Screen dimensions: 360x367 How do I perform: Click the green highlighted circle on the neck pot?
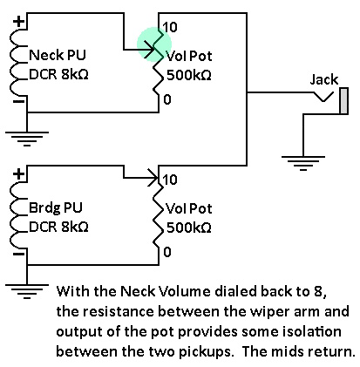click(154, 44)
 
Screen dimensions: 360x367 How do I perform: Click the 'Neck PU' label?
click(58, 55)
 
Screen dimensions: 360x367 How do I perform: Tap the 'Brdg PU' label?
click(56, 207)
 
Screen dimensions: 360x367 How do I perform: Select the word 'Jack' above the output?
click(324, 79)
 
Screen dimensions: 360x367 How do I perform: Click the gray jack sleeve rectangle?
click(344, 100)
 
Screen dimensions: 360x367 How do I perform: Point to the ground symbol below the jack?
click(303, 163)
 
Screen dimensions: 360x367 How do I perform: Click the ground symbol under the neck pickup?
click(27, 139)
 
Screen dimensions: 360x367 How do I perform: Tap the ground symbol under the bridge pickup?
click(27, 291)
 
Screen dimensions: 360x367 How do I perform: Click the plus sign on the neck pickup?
click(19, 22)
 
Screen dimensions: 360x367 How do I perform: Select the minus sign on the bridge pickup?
click(19, 255)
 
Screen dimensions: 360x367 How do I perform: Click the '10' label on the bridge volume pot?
click(170, 180)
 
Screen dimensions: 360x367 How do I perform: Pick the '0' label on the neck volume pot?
click(167, 99)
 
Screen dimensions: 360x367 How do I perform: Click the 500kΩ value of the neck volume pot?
click(189, 75)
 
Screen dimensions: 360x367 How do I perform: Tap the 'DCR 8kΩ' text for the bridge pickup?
click(58, 227)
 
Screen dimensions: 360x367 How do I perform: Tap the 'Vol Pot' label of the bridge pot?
click(189, 208)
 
